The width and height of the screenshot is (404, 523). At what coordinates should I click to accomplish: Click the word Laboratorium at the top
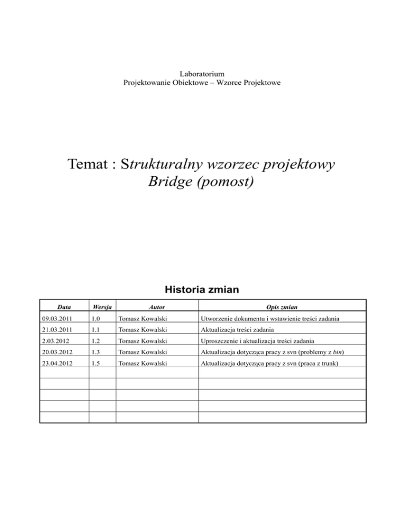coord(202,74)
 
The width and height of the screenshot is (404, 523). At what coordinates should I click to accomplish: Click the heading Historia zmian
coord(202,289)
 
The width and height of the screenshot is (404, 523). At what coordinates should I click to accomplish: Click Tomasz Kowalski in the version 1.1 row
coord(143,330)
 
